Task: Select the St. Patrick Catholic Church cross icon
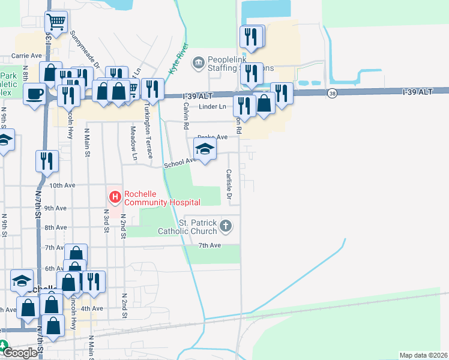[225, 226]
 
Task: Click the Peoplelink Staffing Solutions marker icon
[197, 61]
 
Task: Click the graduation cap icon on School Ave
[205, 149]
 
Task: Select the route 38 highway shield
[332, 93]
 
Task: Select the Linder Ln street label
[214, 107]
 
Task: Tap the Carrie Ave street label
[26, 55]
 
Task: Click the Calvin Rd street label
[186, 113]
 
